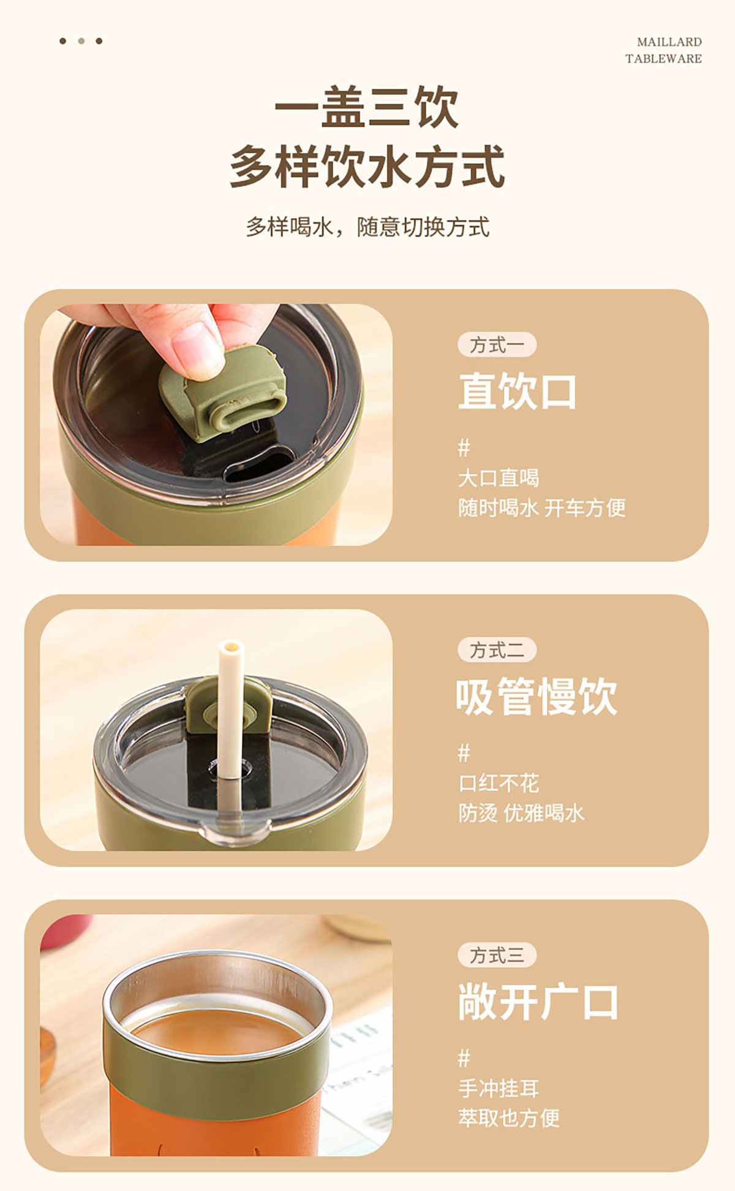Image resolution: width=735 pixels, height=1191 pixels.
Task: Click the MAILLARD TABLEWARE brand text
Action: (663, 50)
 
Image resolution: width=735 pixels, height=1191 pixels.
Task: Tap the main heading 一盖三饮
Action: (366, 107)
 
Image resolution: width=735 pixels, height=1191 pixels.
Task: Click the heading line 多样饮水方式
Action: (367, 166)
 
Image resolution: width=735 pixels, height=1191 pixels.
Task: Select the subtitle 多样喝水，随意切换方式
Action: (367, 227)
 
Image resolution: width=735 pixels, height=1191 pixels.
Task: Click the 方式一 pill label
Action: (497, 344)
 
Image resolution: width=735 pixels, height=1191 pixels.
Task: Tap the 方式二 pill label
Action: (497, 649)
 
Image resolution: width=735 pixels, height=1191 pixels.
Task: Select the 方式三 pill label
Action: (497, 955)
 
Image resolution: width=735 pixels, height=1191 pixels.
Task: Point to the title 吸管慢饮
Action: (537, 696)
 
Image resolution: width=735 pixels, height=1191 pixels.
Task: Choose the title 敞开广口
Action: (538, 1002)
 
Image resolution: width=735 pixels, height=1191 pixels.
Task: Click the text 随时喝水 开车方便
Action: (541, 507)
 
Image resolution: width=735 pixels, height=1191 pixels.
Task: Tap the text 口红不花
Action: (499, 783)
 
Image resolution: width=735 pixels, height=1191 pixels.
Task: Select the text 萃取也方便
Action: (509, 1118)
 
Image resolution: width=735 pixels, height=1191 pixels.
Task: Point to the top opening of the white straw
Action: (232, 646)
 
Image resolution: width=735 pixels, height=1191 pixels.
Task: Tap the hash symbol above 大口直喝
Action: (464, 448)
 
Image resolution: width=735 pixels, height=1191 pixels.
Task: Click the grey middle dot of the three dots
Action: (81, 41)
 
